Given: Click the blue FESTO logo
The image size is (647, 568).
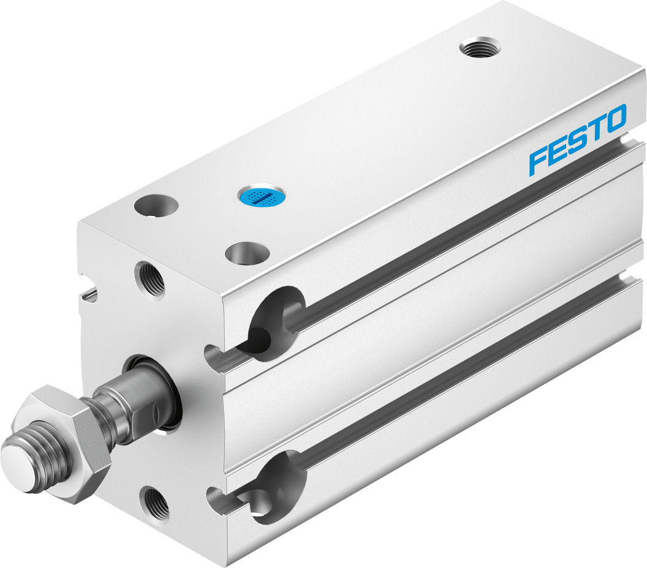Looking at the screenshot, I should (578, 139).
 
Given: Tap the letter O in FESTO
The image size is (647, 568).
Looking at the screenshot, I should (615, 118).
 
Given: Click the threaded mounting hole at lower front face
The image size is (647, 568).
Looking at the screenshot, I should (154, 503).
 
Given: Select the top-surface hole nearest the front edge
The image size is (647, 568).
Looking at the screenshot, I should (247, 252).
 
